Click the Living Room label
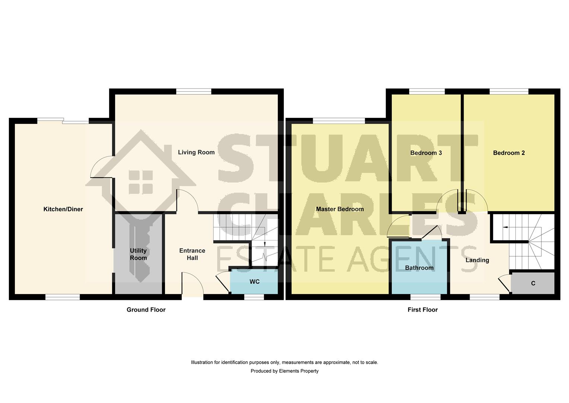click(x=196, y=152)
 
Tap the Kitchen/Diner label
click(x=63, y=209)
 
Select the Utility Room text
click(x=138, y=254)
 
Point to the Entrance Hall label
click(x=192, y=254)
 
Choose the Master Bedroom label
click(x=340, y=209)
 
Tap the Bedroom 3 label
click(x=426, y=153)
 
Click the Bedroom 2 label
click(x=509, y=153)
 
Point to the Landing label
click(x=477, y=260)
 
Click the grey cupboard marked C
click(x=533, y=283)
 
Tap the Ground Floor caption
click(x=146, y=310)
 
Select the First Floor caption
click(x=422, y=310)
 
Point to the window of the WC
click(x=254, y=297)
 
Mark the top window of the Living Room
click(x=194, y=91)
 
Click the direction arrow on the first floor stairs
click(x=505, y=227)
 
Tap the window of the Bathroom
click(x=425, y=297)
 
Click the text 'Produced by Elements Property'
click(x=284, y=371)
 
